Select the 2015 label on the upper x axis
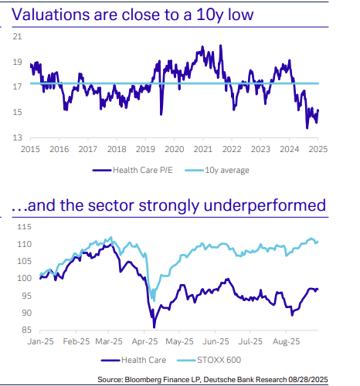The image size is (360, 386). click(31, 149)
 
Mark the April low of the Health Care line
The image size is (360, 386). click(154, 327)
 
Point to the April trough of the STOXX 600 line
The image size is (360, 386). click(154, 300)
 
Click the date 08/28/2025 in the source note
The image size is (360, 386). click(328, 378)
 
